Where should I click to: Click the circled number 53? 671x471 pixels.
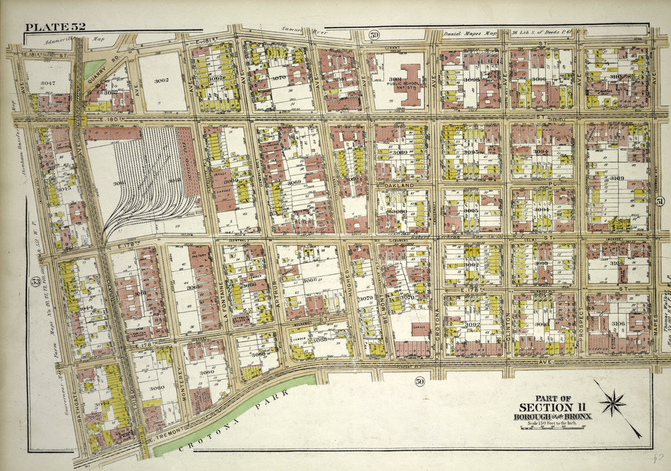(34, 281)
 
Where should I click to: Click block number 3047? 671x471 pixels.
(47, 84)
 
